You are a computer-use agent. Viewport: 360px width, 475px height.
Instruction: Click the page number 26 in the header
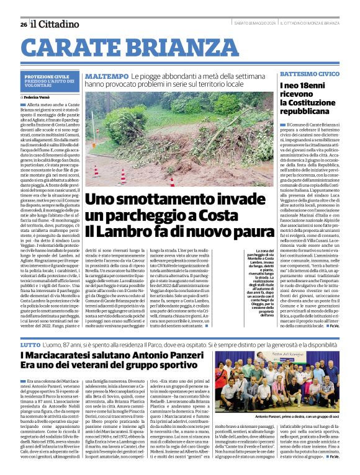(x=23, y=24)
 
